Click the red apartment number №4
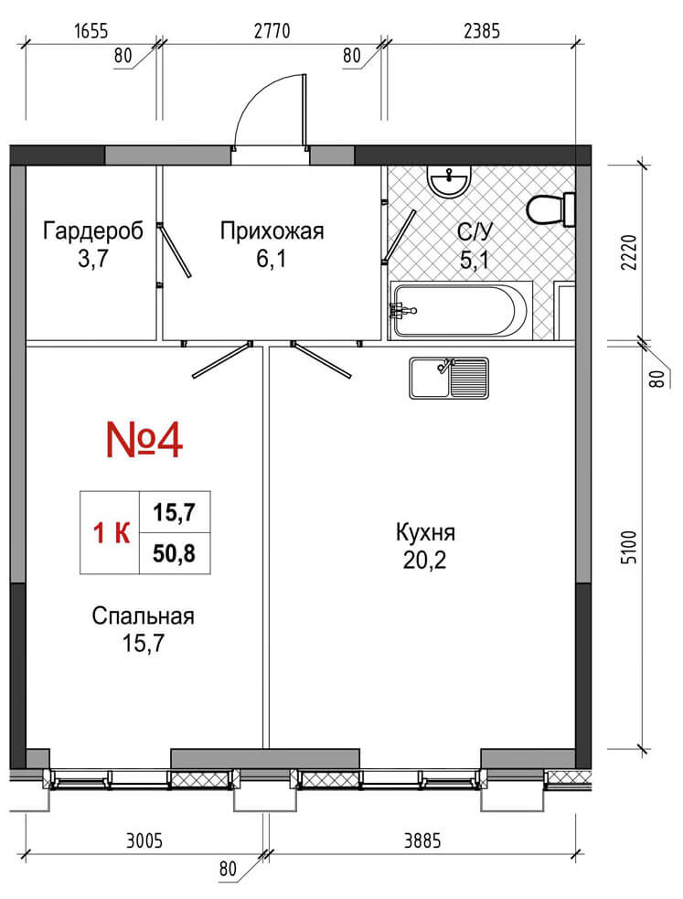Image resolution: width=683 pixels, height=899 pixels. click(x=144, y=440)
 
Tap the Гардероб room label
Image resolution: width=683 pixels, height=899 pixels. click(x=93, y=231)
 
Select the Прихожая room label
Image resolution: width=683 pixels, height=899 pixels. click(x=272, y=231)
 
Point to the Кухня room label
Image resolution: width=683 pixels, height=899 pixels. click(x=425, y=532)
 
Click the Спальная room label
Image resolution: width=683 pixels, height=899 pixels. click(x=144, y=616)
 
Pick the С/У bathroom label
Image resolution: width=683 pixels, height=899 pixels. click(x=475, y=231)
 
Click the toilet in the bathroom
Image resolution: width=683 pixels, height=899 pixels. click(x=550, y=209)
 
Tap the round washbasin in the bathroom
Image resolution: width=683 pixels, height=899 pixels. click(x=449, y=182)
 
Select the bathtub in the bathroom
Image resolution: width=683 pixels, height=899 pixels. click(x=461, y=310)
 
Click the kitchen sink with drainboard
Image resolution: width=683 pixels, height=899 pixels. click(x=449, y=378)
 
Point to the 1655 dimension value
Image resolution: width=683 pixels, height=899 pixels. click(x=91, y=30)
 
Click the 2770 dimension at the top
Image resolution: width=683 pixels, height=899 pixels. click(x=272, y=30)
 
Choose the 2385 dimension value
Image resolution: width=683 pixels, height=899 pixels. click(x=482, y=30)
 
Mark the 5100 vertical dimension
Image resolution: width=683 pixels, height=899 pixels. click(x=629, y=548)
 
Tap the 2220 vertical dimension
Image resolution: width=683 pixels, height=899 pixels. click(x=629, y=252)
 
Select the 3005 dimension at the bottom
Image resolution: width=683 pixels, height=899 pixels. click(x=144, y=841)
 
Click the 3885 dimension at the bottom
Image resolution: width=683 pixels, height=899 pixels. click(x=422, y=841)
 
